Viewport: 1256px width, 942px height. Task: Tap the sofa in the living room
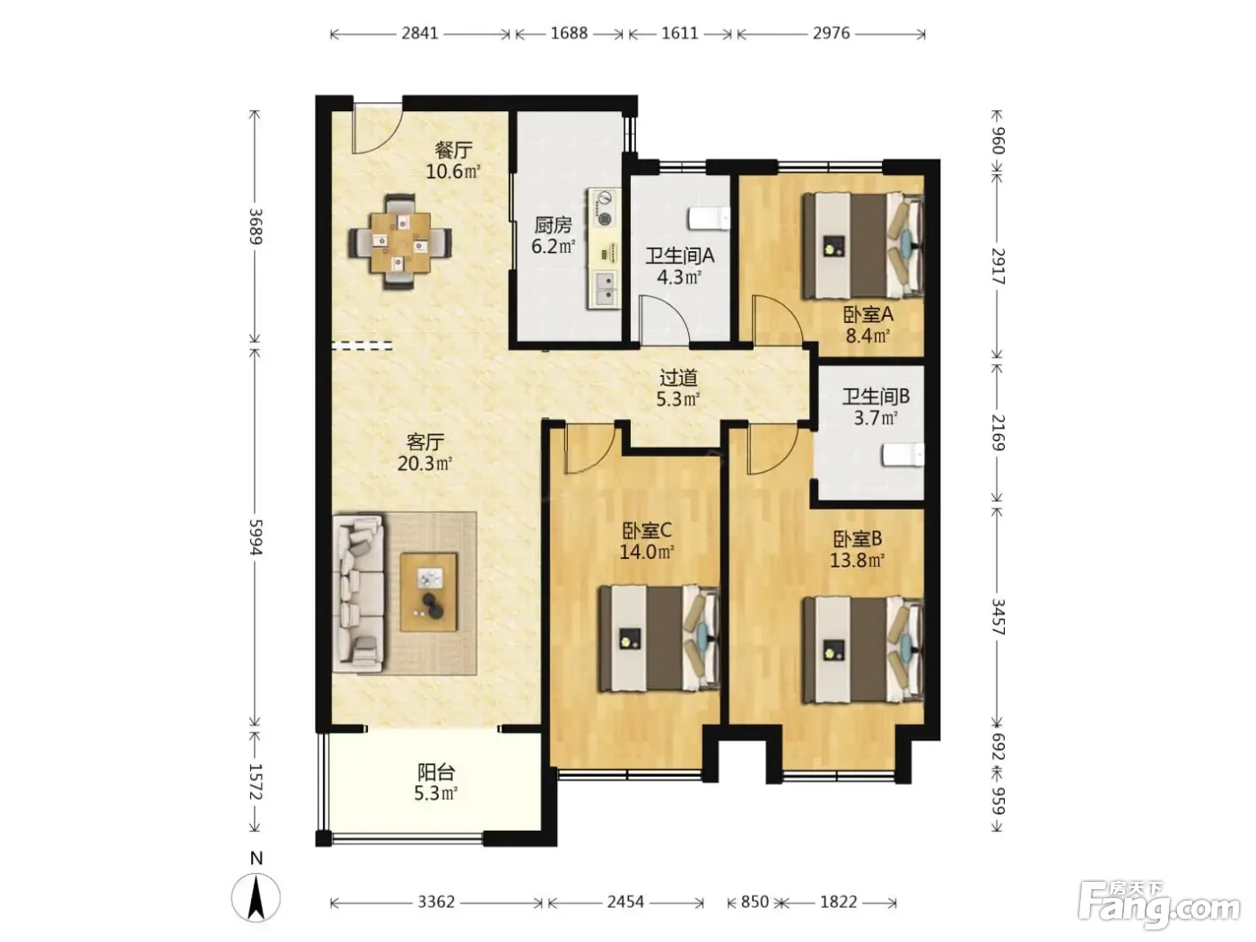coord(359,592)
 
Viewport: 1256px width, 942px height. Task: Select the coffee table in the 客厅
coord(429,592)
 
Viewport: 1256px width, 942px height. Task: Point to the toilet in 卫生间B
coord(903,455)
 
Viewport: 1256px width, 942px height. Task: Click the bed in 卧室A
coord(862,245)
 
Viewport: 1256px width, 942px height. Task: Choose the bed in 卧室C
coord(659,638)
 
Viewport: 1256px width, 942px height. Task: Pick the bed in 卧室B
coord(862,650)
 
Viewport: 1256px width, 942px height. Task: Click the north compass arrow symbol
coord(256,897)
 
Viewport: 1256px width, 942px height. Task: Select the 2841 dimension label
coord(420,33)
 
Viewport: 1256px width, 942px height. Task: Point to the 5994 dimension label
coord(255,537)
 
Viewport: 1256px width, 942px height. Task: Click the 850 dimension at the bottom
coord(754,902)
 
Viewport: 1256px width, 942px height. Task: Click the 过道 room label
coord(678,378)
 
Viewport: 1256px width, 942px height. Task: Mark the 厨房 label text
coord(553,225)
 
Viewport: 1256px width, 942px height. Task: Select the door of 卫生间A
coord(664,321)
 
